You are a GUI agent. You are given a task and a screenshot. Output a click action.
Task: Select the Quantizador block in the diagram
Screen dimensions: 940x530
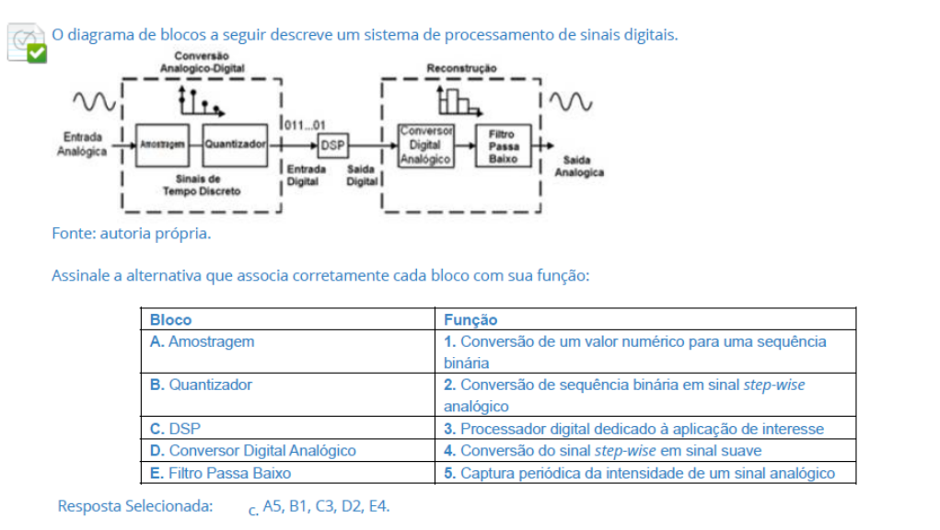235,144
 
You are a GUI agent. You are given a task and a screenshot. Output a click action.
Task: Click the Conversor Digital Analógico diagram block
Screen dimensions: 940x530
425,145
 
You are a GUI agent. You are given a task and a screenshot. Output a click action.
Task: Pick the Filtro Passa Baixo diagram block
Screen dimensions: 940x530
504,145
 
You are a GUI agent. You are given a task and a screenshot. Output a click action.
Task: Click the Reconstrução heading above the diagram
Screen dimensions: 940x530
461,68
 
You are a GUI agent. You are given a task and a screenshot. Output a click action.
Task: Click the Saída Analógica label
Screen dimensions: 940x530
578,167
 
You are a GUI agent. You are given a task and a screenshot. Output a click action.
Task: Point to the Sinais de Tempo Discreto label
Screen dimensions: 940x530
202,185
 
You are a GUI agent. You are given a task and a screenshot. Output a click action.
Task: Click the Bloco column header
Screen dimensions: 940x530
171,320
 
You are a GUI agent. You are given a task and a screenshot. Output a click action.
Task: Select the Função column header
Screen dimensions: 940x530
470,320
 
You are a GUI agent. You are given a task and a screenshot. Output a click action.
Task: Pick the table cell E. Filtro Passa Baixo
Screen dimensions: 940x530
220,473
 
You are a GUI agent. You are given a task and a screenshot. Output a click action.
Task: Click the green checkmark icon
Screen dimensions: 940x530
36,52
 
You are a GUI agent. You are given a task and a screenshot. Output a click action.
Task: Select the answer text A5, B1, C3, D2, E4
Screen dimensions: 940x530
326,506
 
